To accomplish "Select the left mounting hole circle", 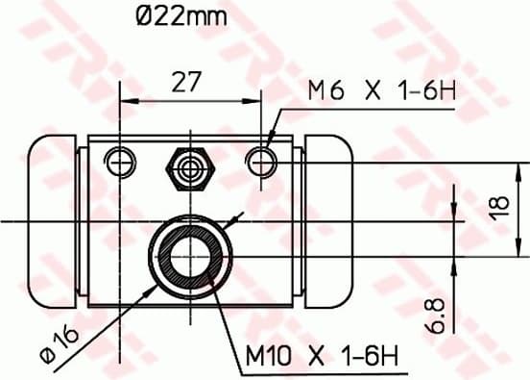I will pyautogui.click(x=120, y=161).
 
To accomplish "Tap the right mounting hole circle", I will pyautogui.click(x=261, y=161).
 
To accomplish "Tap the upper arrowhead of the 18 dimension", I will pyautogui.click(x=480, y=167).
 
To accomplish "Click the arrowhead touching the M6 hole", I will pyautogui.click(x=268, y=148).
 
